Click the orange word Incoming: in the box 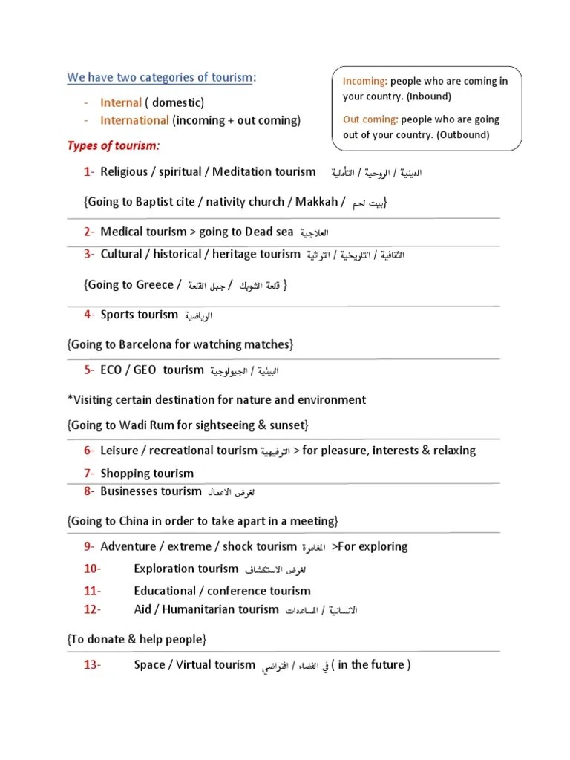click(365, 81)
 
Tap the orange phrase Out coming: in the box click(370, 119)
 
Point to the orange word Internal click(120, 102)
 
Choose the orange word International click(134, 120)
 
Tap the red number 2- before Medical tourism click(89, 232)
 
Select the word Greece click(154, 284)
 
